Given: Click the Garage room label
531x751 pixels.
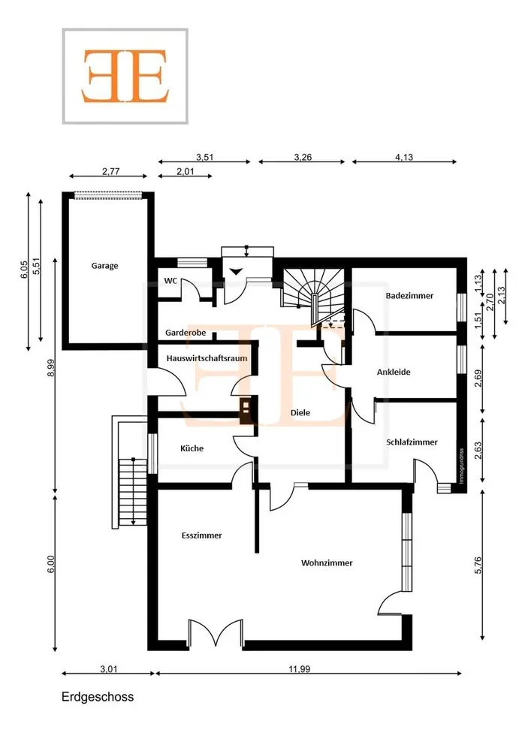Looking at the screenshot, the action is coord(104,266).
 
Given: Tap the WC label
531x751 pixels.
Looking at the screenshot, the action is coord(170,281).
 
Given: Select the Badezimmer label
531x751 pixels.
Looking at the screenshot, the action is coord(409,295).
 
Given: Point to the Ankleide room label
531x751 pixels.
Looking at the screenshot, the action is coord(394,372).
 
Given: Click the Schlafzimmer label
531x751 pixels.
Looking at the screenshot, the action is coord(412,442).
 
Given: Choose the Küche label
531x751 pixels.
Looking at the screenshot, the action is coord(192,448).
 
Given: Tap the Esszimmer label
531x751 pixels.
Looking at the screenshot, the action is coord(201,535).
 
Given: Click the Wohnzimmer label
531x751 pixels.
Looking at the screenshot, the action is coord(327,562).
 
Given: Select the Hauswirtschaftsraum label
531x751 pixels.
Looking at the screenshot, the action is coord(207,358).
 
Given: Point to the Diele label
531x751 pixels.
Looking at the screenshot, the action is coord(300,412).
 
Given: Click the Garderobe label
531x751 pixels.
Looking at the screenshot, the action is coord(186,333).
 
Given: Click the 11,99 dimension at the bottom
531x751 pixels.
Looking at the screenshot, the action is coord(299,669).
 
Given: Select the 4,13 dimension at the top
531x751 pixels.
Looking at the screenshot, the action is coord(404,157).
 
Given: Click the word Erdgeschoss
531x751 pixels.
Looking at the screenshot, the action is coord(98,697).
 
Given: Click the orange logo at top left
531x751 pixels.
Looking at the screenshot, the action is coord(125,76).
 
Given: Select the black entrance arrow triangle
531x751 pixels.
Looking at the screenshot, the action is coord(236,272).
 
